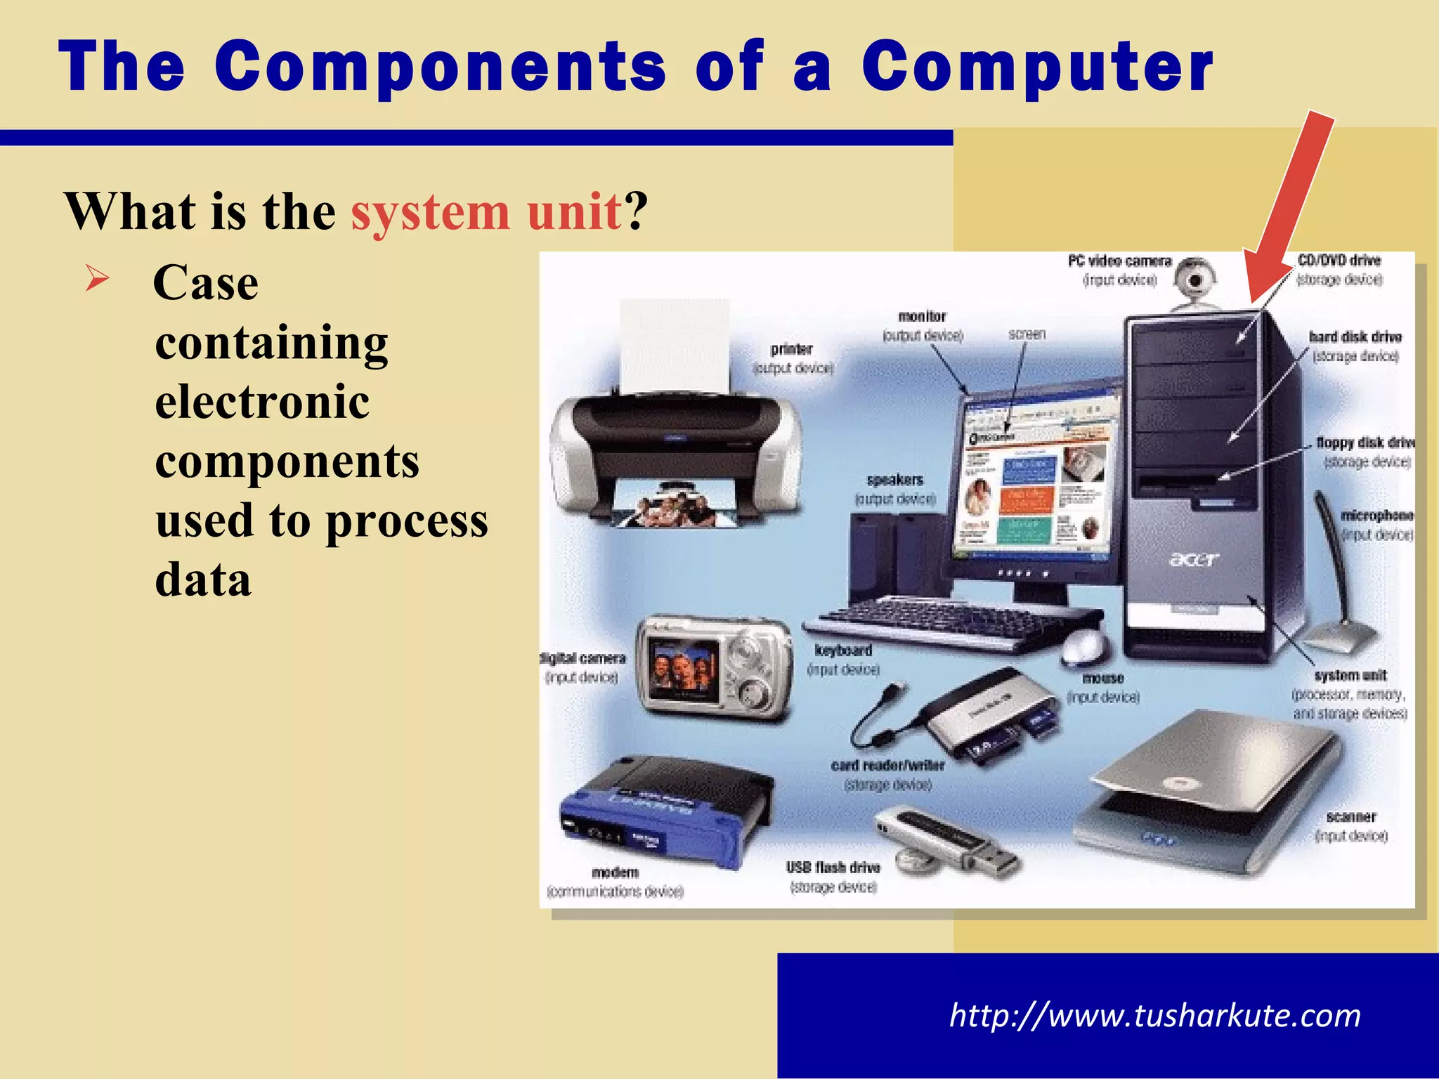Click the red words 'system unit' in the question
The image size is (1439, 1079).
point(486,211)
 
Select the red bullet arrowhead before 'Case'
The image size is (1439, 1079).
point(97,280)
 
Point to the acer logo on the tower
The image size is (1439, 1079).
point(1194,559)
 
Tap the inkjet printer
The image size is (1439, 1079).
point(675,450)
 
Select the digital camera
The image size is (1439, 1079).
point(713,667)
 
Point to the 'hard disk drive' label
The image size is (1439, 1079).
point(1355,337)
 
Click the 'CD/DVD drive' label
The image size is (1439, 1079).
point(1339,261)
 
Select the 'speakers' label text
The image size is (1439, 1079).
point(894,480)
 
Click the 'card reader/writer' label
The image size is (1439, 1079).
point(887,765)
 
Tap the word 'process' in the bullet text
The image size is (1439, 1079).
point(407,521)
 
